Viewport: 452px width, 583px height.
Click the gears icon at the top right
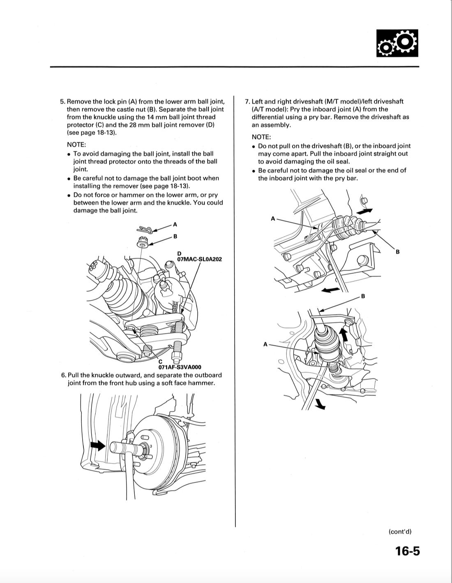[x=397, y=43]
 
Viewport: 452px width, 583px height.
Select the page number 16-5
[x=407, y=551]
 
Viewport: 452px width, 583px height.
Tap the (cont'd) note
[x=400, y=531]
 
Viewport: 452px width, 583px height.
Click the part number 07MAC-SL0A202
[x=199, y=259]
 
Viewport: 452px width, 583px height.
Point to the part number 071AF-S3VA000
[x=180, y=367]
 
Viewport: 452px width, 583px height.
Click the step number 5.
[x=62, y=102]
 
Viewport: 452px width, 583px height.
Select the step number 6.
[x=63, y=375]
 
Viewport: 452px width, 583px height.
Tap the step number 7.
[x=247, y=102]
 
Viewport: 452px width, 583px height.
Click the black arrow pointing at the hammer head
[x=98, y=445]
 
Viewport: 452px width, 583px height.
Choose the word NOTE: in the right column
[x=261, y=137]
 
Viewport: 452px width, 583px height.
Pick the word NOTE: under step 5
[x=76, y=145]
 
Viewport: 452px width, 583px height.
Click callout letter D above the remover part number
[x=179, y=254]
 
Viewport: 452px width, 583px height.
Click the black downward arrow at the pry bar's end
[x=320, y=405]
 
